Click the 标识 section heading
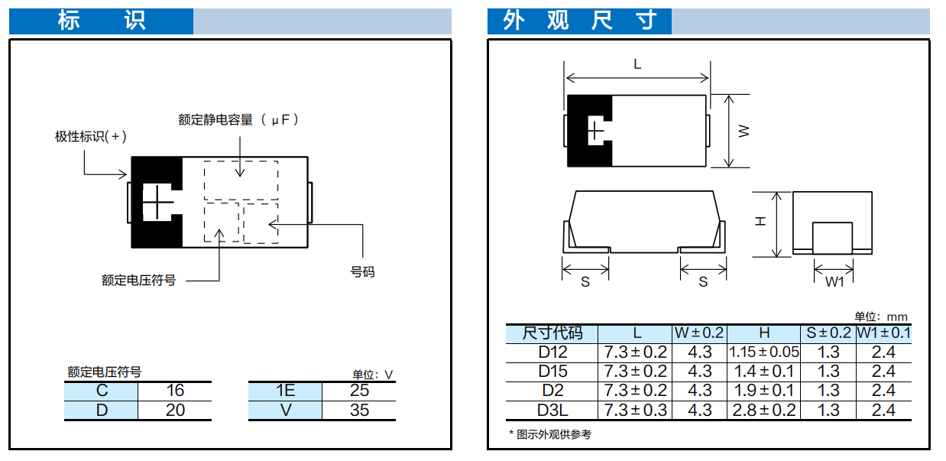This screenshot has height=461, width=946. pyautogui.click(x=102, y=21)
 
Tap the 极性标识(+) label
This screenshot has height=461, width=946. pyautogui.click(x=91, y=137)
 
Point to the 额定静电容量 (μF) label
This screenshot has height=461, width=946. pyautogui.click(x=238, y=119)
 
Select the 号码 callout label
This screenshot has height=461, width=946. pyautogui.click(x=362, y=271)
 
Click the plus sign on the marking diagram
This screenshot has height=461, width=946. pyautogui.click(x=157, y=203)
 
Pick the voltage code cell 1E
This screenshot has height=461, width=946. pyautogui.click(x=286, y=391)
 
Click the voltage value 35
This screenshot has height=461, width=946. pyautogui.click(x=359, y=411)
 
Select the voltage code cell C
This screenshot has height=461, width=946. pyautogui.click(x=102, y=391)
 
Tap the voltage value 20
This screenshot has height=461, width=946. pyautogui.click(x=175, y=411)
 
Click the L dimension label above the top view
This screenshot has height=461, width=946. pyautogui.click(x=637, y=64)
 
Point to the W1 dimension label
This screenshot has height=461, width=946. pyautogui.click(x=834, y=282)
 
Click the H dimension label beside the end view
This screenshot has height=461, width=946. pyautogui.click(x=760, y=221)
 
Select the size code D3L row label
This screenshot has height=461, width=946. pyautogui.click(x=552, y=411)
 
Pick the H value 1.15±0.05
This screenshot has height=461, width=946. pyautogui.click(x=763, y=352)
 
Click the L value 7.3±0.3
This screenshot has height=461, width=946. pyautogui.click(x=635, y=411)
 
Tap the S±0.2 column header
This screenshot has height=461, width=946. pyautogui.click(x=828, y=333)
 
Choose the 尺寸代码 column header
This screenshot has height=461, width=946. pyautogui.click(x=552, y=333)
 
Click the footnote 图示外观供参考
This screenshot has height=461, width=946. pyautogui.click(x=554, y=434)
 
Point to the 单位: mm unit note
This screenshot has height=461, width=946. pyautogui.click(x=881, y=317)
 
